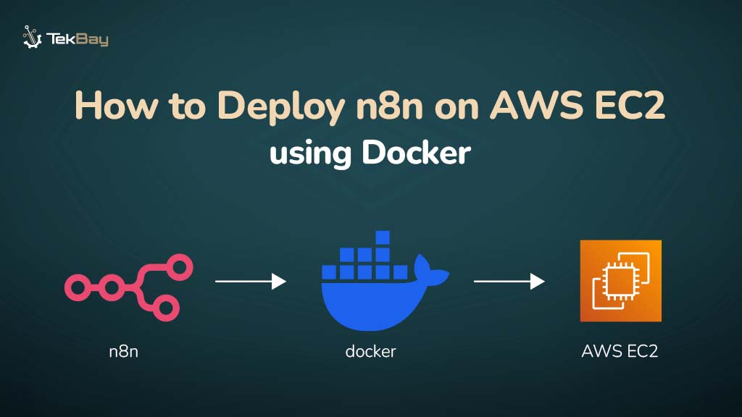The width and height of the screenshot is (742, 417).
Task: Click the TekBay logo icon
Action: click(x=32, y=37)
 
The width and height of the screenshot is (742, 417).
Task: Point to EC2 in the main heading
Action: click(x=630, y=106)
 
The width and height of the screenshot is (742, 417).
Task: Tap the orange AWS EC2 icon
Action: click(x=620, y=281)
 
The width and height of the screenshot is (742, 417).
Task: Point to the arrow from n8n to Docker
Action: click(x=251, y=280)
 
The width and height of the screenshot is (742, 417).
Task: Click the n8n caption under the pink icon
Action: click(x=124, y=352)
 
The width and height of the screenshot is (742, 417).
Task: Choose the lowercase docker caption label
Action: click(x=371, y=352)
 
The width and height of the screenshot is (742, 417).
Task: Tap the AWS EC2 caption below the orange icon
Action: click(x=620, y=352)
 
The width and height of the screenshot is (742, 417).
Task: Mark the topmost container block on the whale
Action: click(x=383, y=237)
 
